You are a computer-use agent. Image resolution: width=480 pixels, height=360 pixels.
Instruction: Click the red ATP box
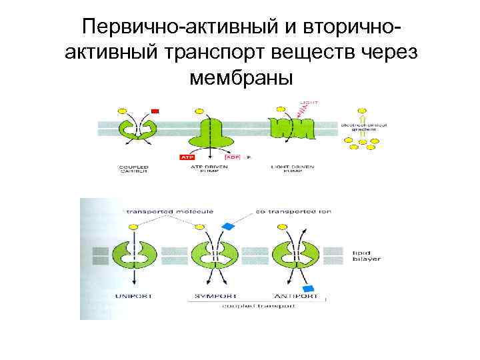[x=186, y=158]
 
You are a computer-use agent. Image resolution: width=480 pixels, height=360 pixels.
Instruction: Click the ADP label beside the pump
[x=233, y=158]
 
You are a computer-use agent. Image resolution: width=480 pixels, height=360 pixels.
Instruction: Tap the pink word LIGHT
[x=309, y=103]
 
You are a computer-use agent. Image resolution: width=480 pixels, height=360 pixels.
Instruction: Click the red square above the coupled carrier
[x=155, y=111]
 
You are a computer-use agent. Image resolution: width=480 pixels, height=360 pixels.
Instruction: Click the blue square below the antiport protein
[x=308, y=288]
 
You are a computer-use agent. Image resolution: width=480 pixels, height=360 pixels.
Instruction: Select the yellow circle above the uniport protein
[x=133, y=227]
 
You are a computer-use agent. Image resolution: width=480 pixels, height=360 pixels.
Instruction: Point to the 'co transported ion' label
[x=293, y=211]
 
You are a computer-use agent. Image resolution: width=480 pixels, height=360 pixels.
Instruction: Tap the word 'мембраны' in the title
[x=241, y=79]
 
